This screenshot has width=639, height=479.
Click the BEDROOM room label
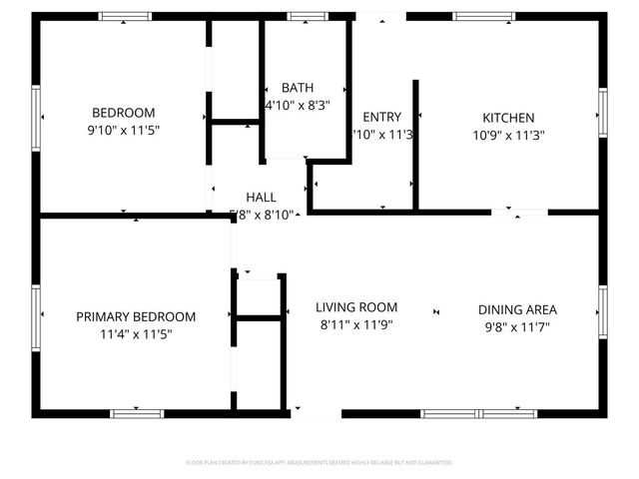pos(123,113)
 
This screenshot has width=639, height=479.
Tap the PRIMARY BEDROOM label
pos(136,316)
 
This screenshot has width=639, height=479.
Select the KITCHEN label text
pos(508,117)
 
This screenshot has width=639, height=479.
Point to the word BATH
pos(298,88)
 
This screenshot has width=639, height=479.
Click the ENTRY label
pos(381,117)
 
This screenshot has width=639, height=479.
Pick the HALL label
pos(261,197)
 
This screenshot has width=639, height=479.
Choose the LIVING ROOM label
pos(356,307)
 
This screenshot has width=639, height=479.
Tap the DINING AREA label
pos(517,309)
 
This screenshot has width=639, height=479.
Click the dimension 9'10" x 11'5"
pos(123,130)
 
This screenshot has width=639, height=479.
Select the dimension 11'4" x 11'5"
pos(136,334)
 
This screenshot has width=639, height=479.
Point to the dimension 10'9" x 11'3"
pos(508,135)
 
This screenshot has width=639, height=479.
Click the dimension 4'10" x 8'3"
pos(298,104)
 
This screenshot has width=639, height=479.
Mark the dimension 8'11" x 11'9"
pos(356,324)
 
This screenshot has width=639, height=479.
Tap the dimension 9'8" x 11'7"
pos(517,326)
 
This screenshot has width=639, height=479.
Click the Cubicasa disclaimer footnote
pos(319,463)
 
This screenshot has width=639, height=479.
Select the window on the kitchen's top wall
pos(484,16)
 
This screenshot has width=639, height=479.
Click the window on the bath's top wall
pos(301,16)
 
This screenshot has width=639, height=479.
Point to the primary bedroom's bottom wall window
pos(137,413)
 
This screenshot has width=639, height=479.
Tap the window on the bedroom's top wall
pos(125,16)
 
